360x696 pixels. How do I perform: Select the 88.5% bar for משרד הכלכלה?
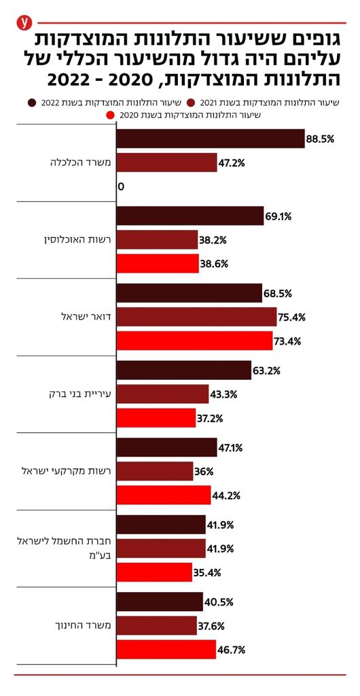pyautogui.click(x=211, y=139)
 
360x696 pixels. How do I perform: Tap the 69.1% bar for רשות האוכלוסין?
pyautogui.click(x=190, y=217)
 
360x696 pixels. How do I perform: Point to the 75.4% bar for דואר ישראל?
pyautogui.click(x=197, y=317)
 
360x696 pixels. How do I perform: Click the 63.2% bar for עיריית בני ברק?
pyautogui.click(x=184, y=370)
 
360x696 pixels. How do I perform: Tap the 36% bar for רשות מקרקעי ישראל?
pyautogui.click(x=155, y=471)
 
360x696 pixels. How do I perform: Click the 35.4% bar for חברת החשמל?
pyautogui.click(x=154, y=572)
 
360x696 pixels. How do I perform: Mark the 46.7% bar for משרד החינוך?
pyautogui.click(x=166, y=649)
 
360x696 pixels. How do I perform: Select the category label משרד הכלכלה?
pyautogui.click(x=75, y=162)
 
